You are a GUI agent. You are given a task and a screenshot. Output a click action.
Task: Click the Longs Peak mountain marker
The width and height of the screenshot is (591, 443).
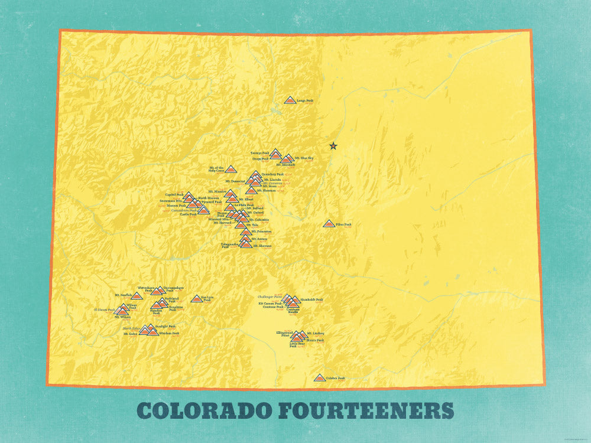[x=290, y=100]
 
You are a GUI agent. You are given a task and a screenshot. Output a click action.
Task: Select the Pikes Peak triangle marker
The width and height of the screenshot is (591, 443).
[x=329, y=224]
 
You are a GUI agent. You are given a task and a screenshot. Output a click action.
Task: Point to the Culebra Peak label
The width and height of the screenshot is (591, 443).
[x=335, y=378]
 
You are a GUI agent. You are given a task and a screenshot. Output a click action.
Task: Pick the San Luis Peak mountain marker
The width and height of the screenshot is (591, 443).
[x=196, y=299]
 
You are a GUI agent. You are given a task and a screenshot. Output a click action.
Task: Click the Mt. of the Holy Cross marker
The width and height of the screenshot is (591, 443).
[x=230, y=170]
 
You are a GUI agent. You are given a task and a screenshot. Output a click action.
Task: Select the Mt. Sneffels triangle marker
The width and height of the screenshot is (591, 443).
[x=137, y=295]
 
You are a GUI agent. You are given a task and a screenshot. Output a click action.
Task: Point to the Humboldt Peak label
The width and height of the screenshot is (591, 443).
[x=311, y=299]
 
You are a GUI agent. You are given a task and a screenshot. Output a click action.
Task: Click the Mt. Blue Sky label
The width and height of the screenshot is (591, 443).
[x=304, y=158]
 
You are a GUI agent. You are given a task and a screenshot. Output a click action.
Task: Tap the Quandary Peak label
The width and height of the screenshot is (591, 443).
[x=272, y=174]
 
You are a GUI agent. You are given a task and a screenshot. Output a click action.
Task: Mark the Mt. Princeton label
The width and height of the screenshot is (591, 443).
[x=262, y=232]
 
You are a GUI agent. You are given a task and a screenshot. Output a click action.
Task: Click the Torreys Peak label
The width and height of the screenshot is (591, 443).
[x=260, y=152]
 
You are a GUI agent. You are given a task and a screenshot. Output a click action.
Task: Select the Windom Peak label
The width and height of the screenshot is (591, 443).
[x=168, y=333]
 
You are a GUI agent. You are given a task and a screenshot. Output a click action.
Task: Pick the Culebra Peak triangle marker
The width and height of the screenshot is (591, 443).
[x=319, y=378]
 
